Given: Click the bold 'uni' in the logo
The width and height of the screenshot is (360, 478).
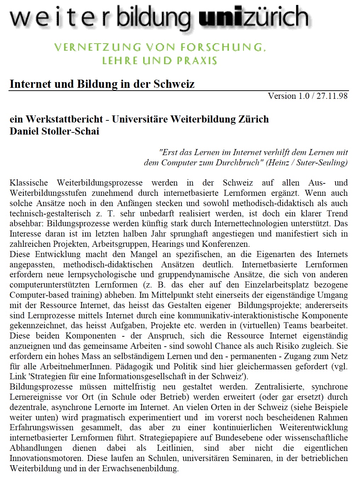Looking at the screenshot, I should click(x=220, y=17).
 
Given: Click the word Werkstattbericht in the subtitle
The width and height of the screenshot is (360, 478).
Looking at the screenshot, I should click(x=64, y=119).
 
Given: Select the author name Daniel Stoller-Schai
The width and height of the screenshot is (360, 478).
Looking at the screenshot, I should click(x=54, y=131).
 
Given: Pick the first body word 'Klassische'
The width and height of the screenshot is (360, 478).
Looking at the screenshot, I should click(x=29, y=183).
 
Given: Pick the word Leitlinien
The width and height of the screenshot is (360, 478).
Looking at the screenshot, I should click(x=175, y=448).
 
